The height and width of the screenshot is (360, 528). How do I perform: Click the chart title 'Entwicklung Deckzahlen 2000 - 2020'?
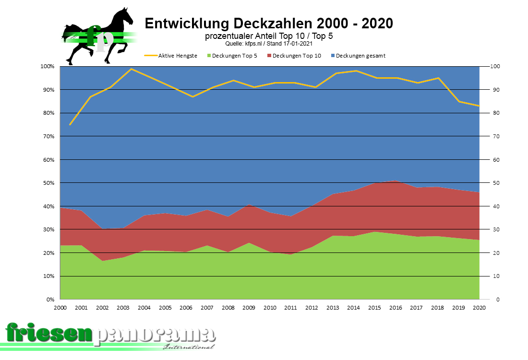269,24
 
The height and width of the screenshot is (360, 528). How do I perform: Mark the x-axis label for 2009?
249,308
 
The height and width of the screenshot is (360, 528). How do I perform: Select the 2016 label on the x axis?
396,308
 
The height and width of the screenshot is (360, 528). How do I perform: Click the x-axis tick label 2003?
123,308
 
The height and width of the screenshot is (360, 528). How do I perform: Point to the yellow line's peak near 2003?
132,69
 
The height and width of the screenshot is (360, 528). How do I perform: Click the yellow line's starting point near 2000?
70,125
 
